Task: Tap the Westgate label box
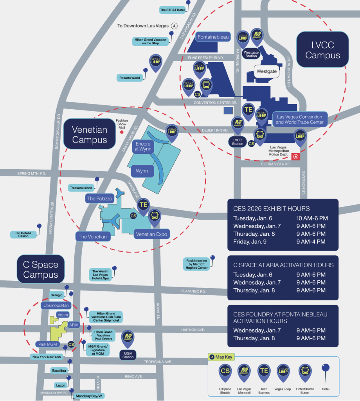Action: (x=266, y=71)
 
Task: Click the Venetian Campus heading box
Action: (x=90, y=135)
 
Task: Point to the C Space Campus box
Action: (x=41, y=269)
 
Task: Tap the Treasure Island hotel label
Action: (x=81, y=188)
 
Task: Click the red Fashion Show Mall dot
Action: (x=122, y=132)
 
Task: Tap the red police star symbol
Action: (x=296, y=157)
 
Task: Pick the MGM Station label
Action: (x=128, y=355)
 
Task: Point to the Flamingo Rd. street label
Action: (x=193, y=291)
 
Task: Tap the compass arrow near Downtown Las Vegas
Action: (x=175, y=26)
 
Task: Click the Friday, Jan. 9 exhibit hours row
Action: (x=279, y=242)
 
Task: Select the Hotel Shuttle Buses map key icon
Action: (x=305, y=372)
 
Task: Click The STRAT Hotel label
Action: (x=172, y=10)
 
